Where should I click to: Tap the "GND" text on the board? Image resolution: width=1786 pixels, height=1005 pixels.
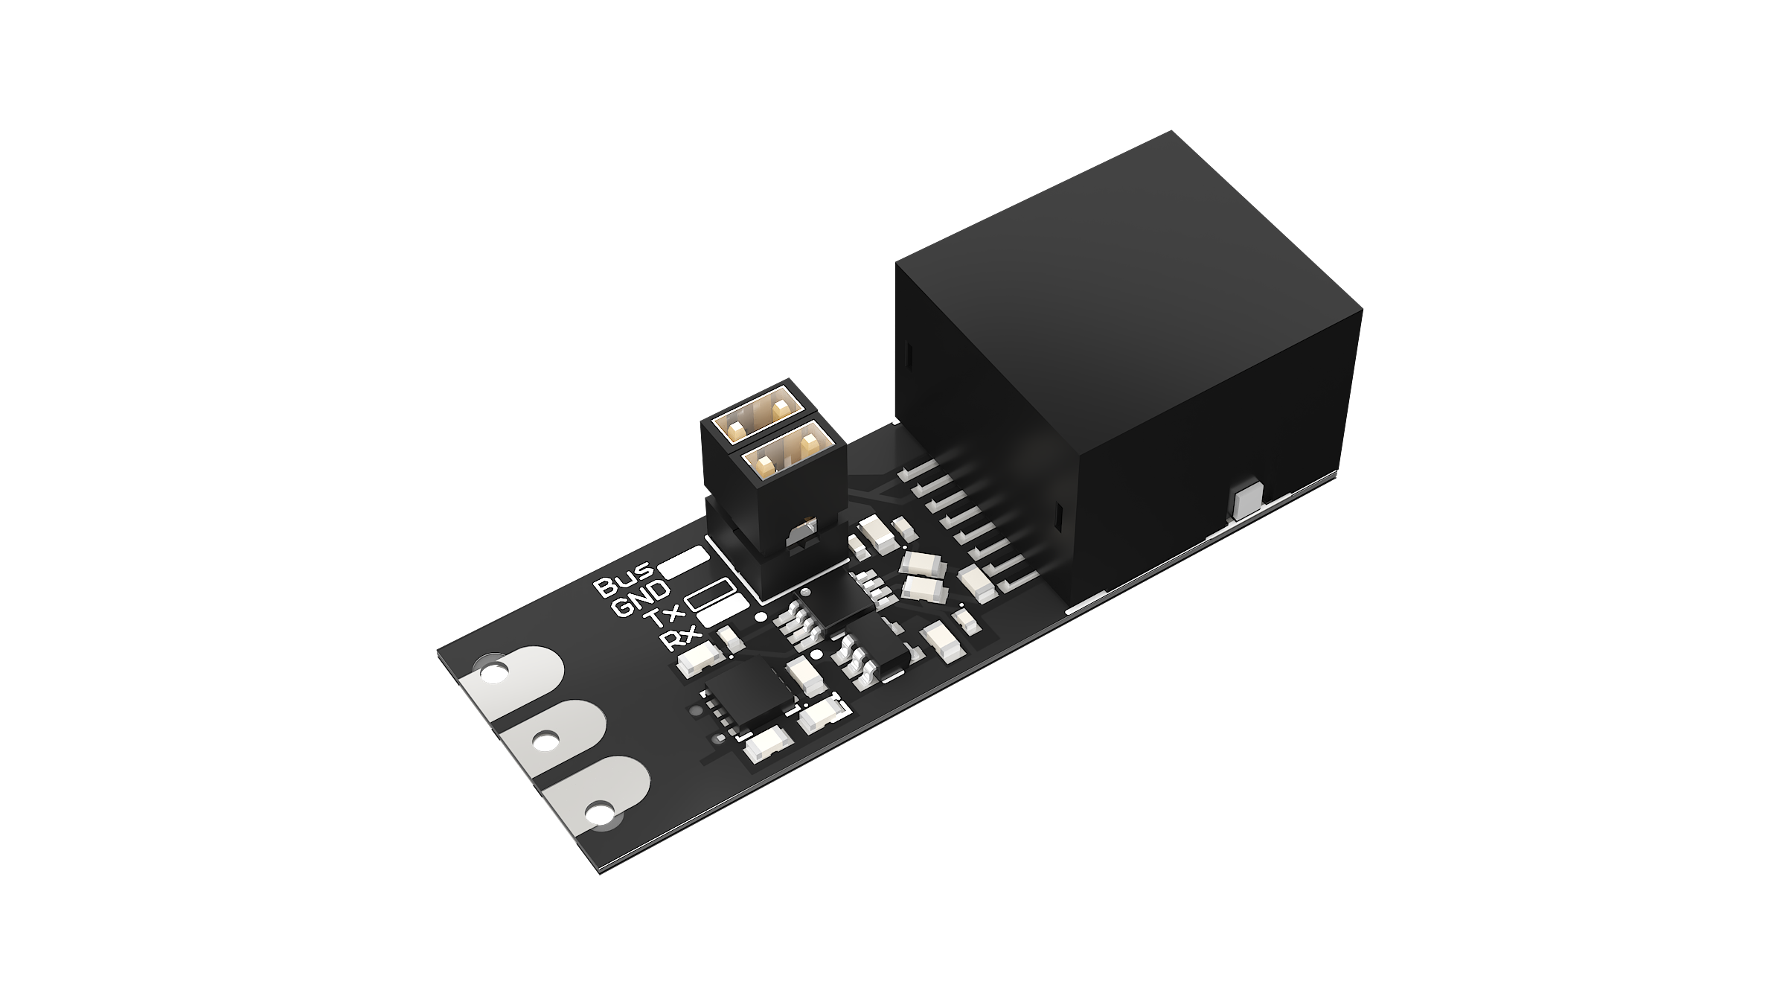pos(640,600)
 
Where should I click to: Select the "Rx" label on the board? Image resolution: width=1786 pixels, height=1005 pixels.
pos(679,640)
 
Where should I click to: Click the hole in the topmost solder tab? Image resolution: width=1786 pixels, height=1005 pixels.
pos(492,675)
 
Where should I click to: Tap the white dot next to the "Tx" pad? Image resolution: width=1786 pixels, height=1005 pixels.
pos(761,616)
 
